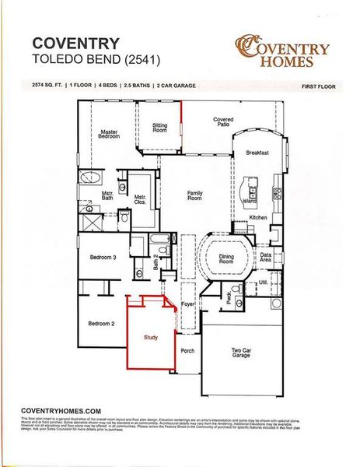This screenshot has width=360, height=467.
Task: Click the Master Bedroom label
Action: (x=110, y=135)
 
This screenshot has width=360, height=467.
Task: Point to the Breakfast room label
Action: (x=257, y=153)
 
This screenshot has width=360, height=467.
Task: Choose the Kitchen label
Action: (x=258, y=217)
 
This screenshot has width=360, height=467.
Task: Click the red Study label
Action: (x=151, y=338)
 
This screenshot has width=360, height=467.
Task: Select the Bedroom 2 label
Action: (x=101, y=323)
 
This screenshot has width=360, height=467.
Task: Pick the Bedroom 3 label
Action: (x=103, y=257)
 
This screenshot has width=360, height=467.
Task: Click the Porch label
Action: (x=187, y=351)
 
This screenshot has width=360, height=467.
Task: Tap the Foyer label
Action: (x=187, y=304)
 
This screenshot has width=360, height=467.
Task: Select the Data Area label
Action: (x=266, y=258)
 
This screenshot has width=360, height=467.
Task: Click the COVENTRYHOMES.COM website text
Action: (x=61, y=410)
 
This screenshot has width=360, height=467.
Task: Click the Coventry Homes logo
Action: (x=282, y=51)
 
